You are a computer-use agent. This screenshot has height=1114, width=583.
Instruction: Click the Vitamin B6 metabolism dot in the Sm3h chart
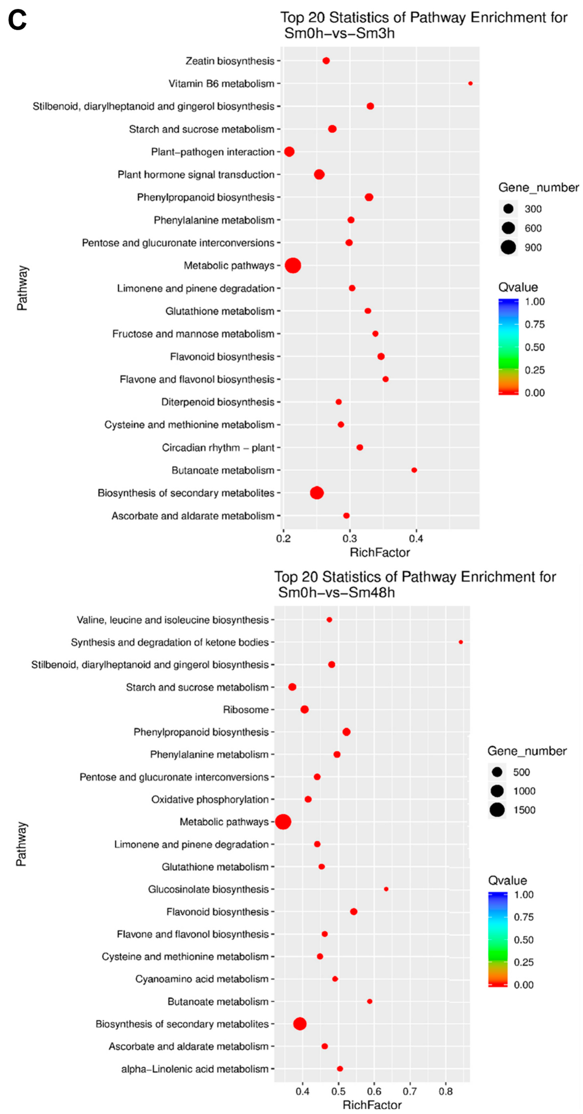pos(470,83)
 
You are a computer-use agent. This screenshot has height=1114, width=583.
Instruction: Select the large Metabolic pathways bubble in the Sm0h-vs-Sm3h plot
pos(293,266)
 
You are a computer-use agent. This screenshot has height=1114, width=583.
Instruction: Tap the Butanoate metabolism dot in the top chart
pos(414,470)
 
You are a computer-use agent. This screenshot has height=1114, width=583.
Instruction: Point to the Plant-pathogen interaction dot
pos(289,152)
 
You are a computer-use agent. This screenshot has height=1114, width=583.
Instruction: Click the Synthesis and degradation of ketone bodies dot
pos(461,642)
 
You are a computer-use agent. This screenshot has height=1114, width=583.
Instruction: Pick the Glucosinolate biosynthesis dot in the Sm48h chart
pos(386,889)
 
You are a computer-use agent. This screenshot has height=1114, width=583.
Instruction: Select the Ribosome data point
pos(304,710)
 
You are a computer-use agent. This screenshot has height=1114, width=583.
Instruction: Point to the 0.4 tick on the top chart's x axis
pos(416,538)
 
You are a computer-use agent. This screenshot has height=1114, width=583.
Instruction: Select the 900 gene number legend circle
pos(508,247)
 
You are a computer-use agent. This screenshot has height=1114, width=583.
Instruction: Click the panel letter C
pos(17,20)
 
